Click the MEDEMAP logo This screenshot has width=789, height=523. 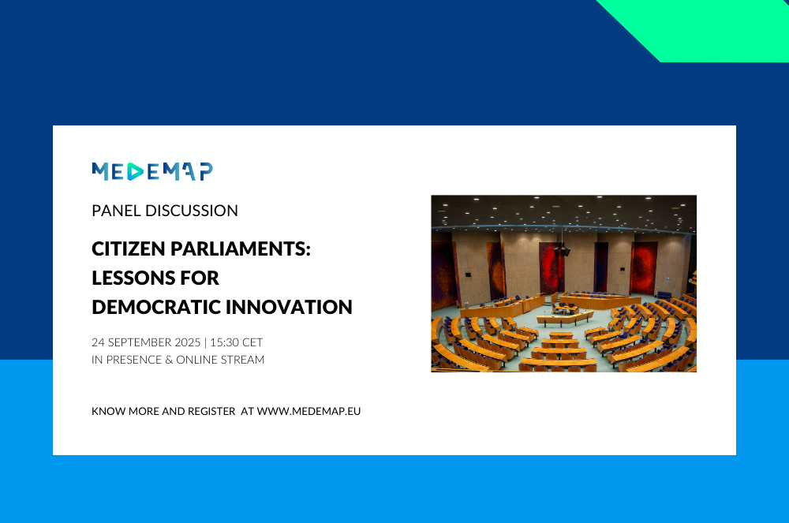152,171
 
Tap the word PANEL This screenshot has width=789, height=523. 116,211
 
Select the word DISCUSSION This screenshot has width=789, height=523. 192,211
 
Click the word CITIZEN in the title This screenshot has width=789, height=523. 129,249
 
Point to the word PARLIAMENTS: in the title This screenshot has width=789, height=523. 241,249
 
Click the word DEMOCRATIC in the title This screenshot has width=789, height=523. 155,308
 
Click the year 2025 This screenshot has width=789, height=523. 188,342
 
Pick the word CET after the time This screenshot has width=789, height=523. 252,342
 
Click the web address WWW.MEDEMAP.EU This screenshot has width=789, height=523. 309,411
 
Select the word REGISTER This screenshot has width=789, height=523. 211,411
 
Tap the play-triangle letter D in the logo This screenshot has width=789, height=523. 136,171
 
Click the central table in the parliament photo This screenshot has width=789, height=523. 565,317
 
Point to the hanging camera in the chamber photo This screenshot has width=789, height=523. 562,249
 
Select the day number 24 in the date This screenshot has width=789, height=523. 98,342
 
